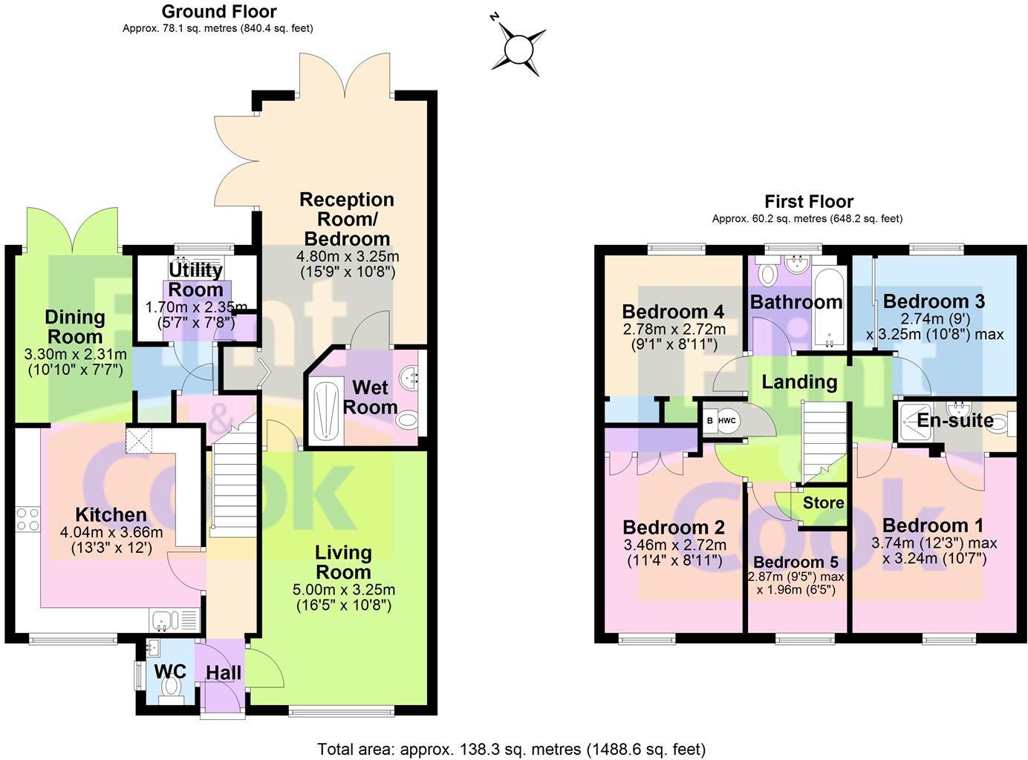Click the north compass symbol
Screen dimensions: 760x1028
[x=518, y=49]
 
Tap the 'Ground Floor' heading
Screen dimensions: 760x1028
[x=218, y=12]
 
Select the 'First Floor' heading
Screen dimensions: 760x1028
[x=808, y=202]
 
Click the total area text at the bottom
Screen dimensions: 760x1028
[x=511, y=749]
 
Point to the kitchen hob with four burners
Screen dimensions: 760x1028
[x=28, y=519]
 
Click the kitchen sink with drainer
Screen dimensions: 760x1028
[x=175, y=619]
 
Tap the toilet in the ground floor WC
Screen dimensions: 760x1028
[x=172, y=687]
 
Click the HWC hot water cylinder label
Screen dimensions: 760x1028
[x=726, y=421]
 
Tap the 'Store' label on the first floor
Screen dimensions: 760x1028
[x=823, y=502]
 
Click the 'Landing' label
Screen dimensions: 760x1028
[x=799, y=381]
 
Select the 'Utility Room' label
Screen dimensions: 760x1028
[x=195, y=279]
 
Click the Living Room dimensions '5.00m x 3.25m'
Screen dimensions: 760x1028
[x=343, y=590]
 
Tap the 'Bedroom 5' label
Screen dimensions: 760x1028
[x=796, y=562]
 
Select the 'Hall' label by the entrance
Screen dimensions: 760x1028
[x=223, y=673]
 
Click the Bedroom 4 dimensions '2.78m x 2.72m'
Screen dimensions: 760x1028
[x=673, y=329]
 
